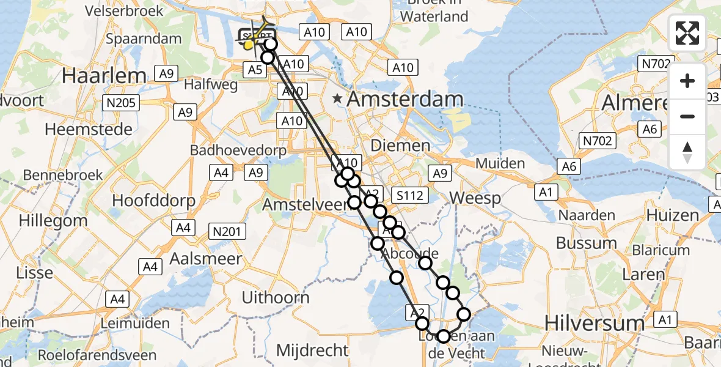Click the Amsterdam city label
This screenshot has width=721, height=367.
click(x=406, y=99)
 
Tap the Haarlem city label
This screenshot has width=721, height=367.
click(x=104, y=76)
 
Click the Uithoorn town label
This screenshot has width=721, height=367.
click(x=276, y=298)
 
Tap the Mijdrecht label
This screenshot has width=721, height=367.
click(x=312, y=350)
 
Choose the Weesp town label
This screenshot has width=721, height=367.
click(x=475, y=198)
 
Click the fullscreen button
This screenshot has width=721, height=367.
click(x=687, y=33)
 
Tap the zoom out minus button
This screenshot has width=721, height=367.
click(x=687, y=116)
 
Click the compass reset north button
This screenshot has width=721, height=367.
click(x=687, y=152)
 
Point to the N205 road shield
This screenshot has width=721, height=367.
click(x=121, y=103)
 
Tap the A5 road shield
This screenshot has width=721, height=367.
click(x=255, y=71)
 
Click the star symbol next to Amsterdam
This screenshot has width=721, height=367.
click(x=337, y=98)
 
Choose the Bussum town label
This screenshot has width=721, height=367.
click(x=586, y=243)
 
